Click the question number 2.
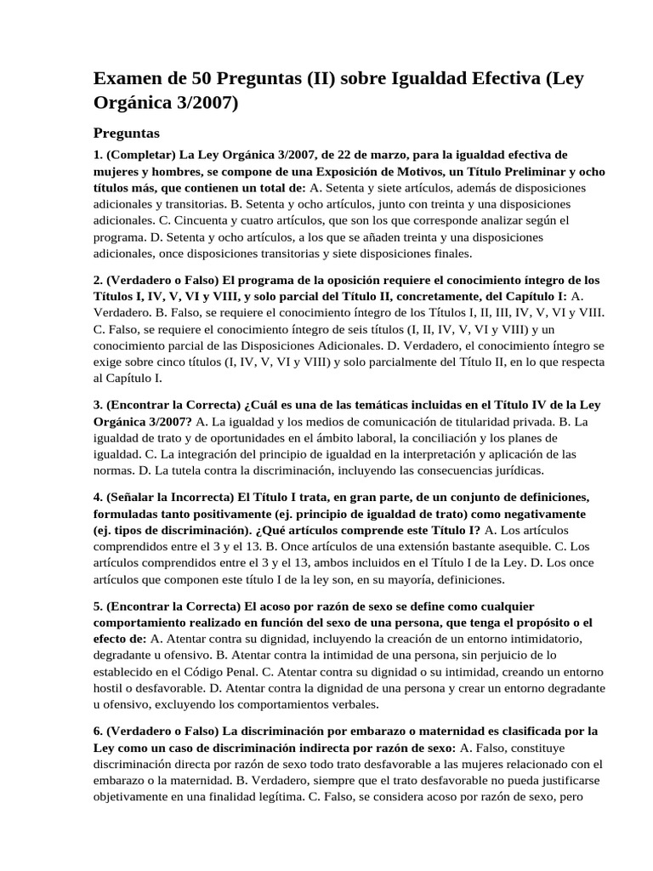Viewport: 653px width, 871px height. tap(97, 280)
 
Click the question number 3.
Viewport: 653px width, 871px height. tap(97, 404)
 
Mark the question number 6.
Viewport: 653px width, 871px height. tap(97, 732)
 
